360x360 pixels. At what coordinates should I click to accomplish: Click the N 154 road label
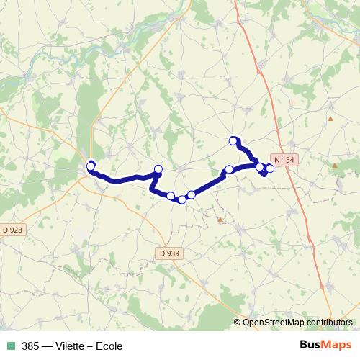283,158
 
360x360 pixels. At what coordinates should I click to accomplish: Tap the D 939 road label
169,253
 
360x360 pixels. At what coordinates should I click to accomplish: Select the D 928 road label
12,230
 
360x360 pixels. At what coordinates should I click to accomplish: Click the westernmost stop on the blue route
91,167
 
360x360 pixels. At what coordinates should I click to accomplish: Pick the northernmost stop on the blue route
233,140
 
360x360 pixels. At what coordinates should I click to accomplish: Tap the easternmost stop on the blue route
271,169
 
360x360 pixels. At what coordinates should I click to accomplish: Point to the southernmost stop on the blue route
182,199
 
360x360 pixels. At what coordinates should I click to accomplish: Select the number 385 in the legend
30,346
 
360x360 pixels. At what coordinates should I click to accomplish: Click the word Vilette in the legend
69,346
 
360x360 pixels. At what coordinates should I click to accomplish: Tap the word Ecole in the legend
108,346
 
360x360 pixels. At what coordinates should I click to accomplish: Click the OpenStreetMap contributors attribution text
298,323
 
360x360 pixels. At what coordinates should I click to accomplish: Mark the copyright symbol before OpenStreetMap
238,323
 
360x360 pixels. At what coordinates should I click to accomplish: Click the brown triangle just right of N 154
334,166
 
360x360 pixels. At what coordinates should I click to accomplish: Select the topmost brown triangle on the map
330,118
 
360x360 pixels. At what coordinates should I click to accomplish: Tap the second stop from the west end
158,169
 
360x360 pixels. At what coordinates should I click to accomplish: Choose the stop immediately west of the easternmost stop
260,167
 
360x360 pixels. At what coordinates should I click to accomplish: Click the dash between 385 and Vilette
45,346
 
